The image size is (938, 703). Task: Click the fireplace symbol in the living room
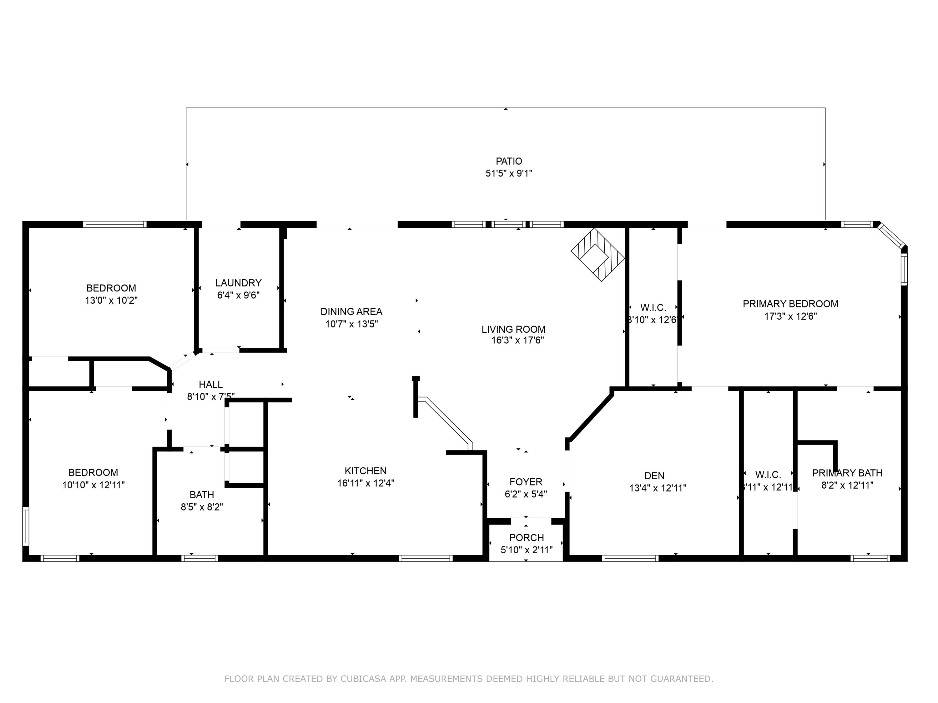598,254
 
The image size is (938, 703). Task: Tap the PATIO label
509,161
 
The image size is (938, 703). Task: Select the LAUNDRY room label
238,283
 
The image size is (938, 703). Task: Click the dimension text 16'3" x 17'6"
517,340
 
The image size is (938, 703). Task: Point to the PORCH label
526,538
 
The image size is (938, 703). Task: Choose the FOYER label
526,482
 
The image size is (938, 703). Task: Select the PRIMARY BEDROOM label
790,304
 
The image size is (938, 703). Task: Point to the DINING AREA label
351,312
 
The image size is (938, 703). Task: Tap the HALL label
211,384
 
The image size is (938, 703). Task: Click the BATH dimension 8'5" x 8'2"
202,507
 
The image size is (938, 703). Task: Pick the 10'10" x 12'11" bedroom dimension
93,485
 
